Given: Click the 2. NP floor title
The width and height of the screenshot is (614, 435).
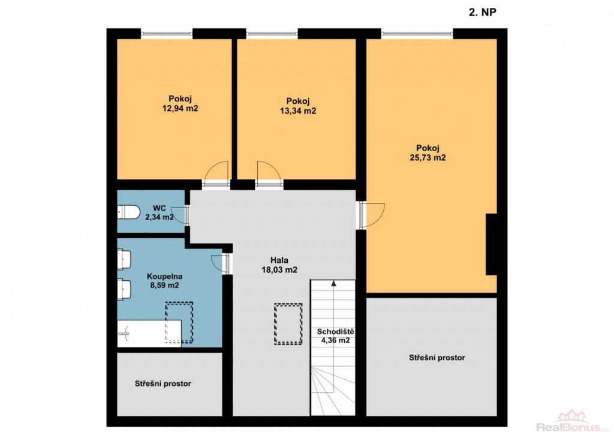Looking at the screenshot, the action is coord(483,12).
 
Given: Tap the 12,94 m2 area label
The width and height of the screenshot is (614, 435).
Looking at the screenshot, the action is coord(180,108).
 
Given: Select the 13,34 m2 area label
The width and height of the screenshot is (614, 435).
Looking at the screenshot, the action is coord(298,111).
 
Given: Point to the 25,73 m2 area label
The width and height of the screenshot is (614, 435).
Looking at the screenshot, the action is coord(428,158).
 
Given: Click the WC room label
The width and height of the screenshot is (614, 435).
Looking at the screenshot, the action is coord(159,208).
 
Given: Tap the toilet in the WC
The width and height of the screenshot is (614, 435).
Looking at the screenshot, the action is coord(128,212).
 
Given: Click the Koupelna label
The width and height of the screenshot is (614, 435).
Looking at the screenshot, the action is coord(164,276).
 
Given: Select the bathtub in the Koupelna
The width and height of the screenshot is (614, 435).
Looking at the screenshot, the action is coord(149,333).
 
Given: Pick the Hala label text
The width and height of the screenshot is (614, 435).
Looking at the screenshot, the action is coord(279,260).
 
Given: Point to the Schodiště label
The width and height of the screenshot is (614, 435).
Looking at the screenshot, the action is coord(336,332).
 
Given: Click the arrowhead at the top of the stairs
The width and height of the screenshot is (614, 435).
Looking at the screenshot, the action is coord(333,283).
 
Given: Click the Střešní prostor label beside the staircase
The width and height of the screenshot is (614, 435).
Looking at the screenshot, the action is coord(437,358).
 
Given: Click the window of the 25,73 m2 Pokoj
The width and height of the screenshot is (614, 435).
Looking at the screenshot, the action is coord(417,34).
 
